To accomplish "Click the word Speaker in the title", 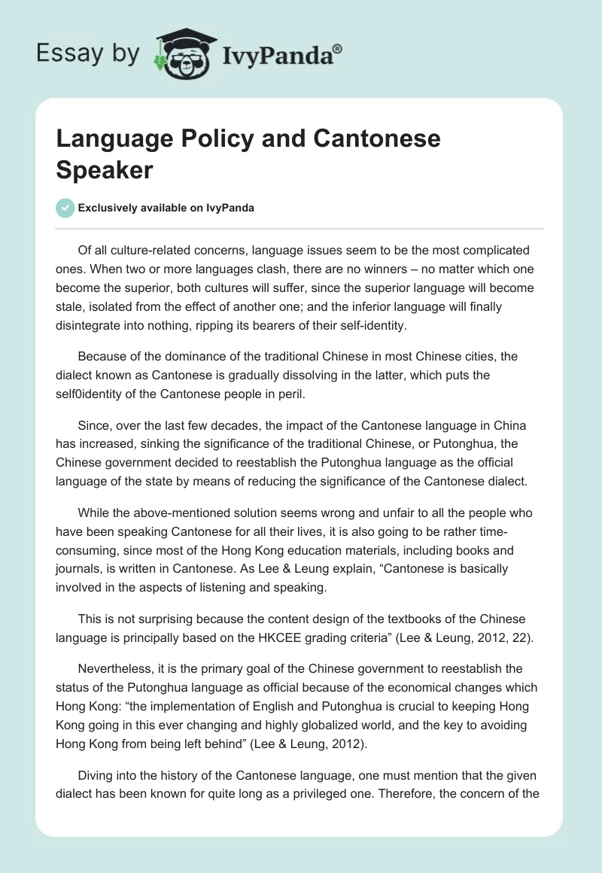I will tap(105, 169).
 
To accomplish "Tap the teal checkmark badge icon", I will tap(65, 208).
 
